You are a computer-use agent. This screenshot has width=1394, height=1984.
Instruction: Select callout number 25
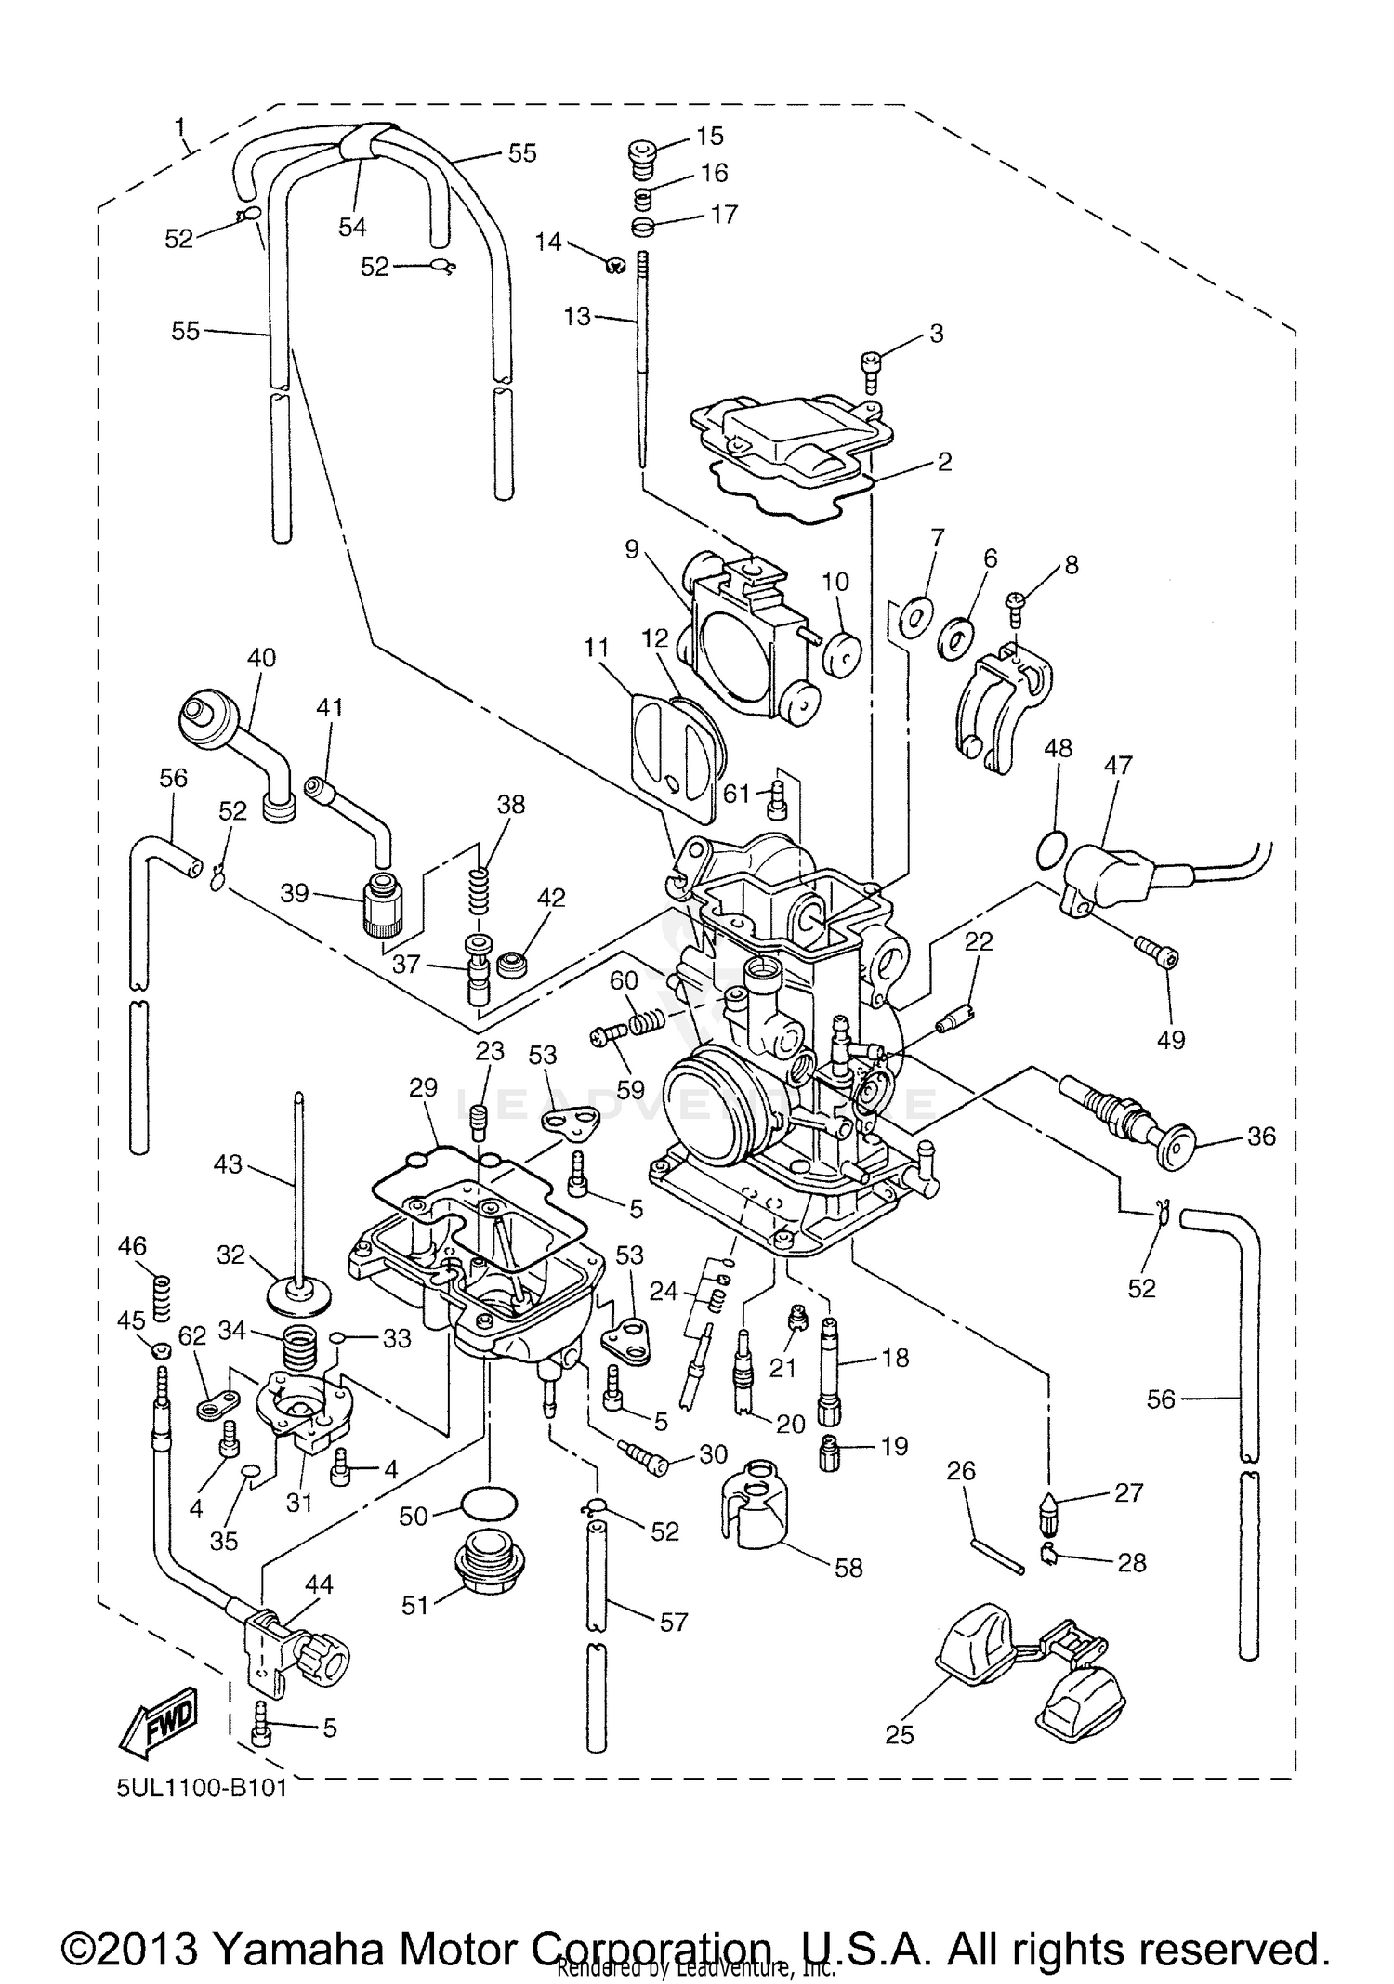(900, 1734)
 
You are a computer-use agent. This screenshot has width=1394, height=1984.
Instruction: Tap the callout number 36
(1260, 1136)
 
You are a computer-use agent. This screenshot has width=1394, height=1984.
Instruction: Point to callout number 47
(1118, 765)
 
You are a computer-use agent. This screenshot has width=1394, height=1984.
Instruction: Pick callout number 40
(261, 658)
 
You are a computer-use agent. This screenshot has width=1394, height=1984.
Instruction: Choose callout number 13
(577, 316)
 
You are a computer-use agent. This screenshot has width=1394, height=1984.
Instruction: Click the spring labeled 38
(479, 890)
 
